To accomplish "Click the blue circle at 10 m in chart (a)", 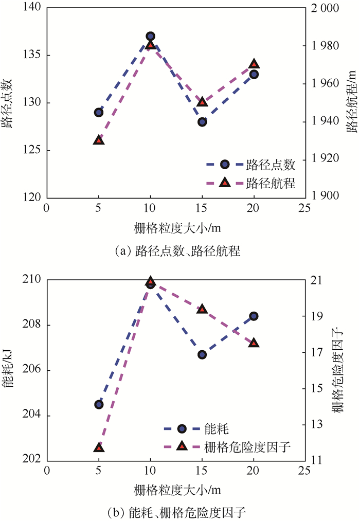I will click(150, 37).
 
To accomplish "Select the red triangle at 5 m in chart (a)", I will click(99, 140).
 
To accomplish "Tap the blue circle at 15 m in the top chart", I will click(202, 122).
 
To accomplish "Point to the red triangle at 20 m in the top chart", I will click(254, 64).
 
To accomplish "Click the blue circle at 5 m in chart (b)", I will click(99, 404).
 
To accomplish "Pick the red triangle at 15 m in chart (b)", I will click(202, 309).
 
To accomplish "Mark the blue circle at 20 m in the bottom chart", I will click(254, 316).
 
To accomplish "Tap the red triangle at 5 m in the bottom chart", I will click(99, 448).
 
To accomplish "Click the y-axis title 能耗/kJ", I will click(9, 371).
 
